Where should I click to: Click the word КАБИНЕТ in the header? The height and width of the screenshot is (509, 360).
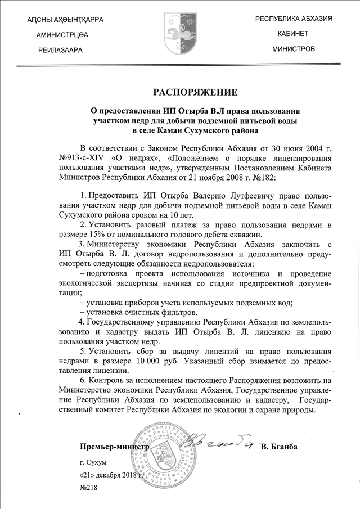[x=293, y=34]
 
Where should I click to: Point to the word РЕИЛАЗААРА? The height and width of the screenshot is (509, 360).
[x=60, y=50]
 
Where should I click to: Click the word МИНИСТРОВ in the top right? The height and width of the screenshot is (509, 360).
[x=293, y=49]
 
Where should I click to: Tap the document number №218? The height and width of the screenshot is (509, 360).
[x=88, y=486]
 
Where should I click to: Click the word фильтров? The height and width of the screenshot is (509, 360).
[x=177, y=312]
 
